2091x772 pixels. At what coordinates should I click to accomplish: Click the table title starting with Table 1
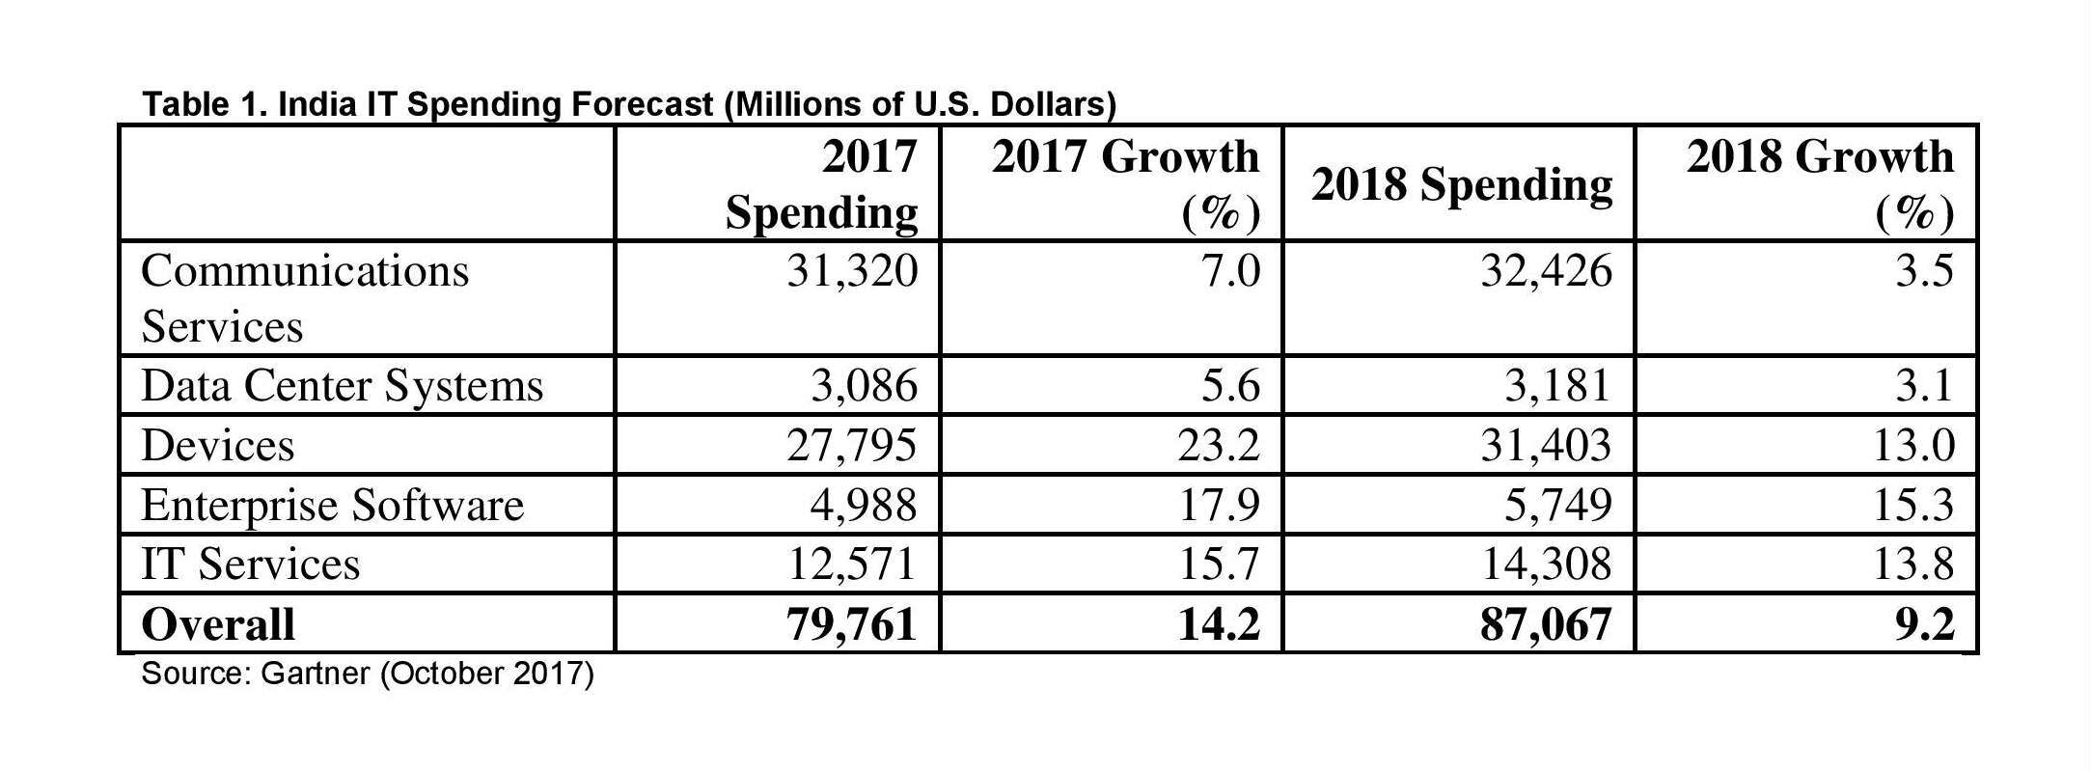[628, 103]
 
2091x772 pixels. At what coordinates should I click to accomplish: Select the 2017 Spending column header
[821, 184]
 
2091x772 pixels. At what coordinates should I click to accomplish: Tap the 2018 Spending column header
[1461, 184]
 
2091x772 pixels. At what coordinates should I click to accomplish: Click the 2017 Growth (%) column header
[1125, 184]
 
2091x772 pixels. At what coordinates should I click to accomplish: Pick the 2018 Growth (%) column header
[1820, 184]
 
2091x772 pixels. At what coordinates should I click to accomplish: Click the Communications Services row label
[305, 298]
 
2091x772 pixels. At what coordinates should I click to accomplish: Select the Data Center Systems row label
[343, 386]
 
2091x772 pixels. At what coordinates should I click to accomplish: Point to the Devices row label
[218, 445]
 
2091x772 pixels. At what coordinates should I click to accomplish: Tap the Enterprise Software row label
[332, 505]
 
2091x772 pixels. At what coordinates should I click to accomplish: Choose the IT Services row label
[251, 564]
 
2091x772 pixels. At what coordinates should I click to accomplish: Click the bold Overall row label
[218, 623]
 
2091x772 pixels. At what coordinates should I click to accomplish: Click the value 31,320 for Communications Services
[852, 270]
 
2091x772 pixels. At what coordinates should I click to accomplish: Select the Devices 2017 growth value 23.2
[1220, 445]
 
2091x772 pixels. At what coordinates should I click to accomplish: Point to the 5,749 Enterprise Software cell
[1557, 505]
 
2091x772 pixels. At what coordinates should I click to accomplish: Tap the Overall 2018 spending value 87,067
[1547, 623]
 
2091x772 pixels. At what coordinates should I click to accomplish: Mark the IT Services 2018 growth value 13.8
[1913, 564]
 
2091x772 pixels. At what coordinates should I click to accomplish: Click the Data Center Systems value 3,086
[864, 386]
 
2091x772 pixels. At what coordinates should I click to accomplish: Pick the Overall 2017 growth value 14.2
[1219, 623]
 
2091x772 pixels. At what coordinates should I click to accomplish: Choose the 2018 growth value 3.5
[1924, 270]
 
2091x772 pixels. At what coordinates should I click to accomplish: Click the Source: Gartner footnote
[368, 673]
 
